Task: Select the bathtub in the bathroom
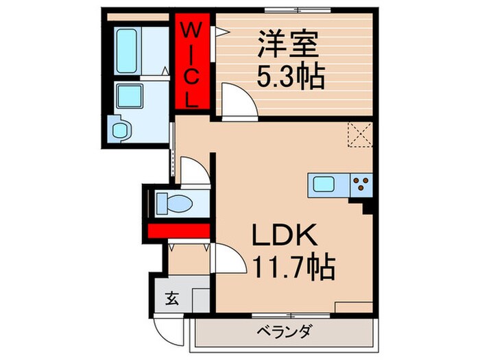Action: coord(129,51)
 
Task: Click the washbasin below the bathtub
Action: coord(128,97)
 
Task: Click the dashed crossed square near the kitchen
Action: coord(359,134)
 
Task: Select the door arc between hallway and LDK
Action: coord(230,258)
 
